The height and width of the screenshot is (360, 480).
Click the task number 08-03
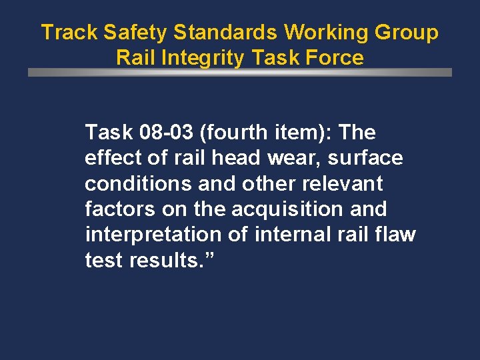165,133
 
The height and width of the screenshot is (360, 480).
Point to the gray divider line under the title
240,72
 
